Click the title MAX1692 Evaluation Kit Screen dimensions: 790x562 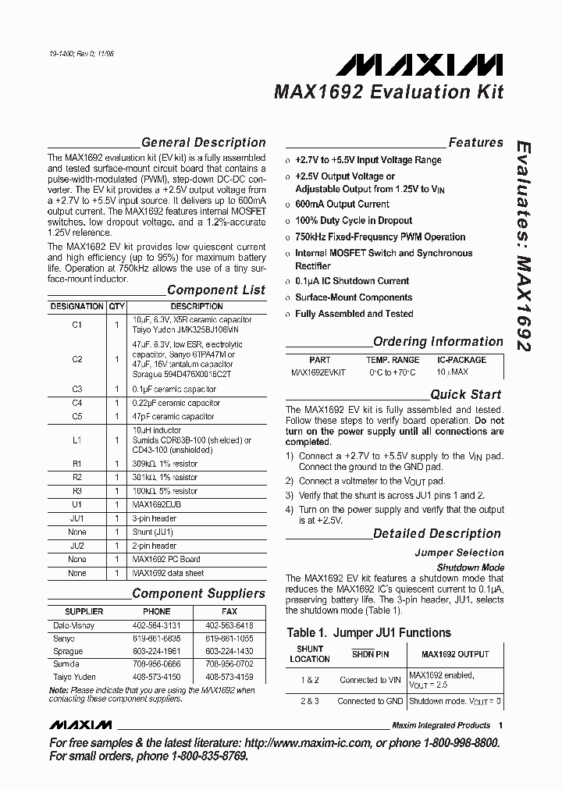pyautogui.click(x=388, y=92)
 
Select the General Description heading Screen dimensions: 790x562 pyautogui.click(x=203, y=143)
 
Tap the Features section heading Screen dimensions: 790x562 pyautogui.click(x=475, y=143)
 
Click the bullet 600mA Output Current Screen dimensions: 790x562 pyautogui.click(x=342, y=204)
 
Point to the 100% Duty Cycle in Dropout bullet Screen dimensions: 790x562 pyautogui.click(x=354, y=220)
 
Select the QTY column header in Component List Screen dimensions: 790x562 pyautogui.click(x=116, y=307)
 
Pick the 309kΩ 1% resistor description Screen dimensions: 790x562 pyautogui.click(x=165, y=464)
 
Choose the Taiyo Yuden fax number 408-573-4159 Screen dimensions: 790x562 pyautogui.click(x=229, y=677)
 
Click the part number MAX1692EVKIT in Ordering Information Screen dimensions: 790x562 pyautogui.click(x=318, y=373)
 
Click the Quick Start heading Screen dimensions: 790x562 pyautogui.click(x=466, y=395)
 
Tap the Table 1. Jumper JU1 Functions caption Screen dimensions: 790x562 pyautogui.click(x=368, y=632)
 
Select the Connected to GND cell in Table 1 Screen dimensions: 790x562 pyautogui.click(x=369, y=701)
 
